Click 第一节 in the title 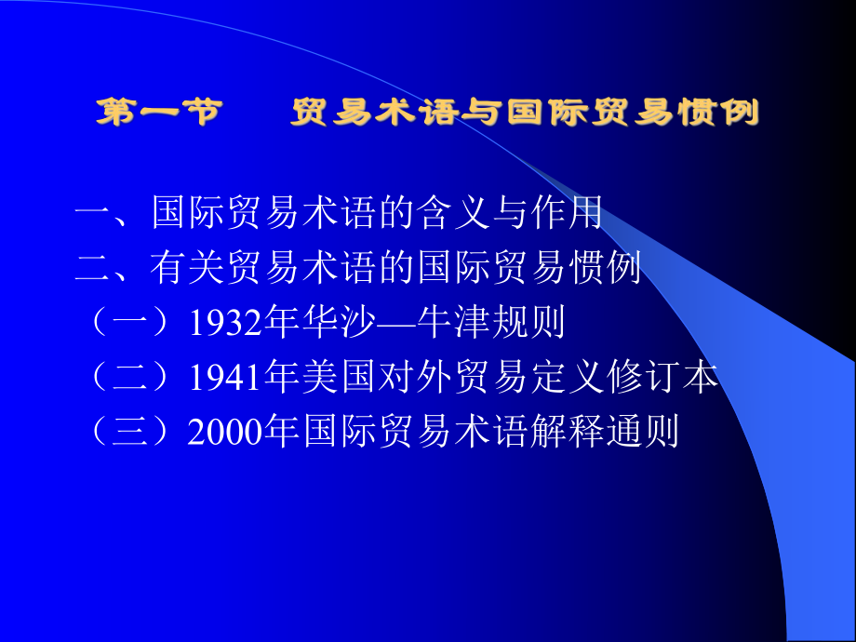[x=159, y=114]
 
